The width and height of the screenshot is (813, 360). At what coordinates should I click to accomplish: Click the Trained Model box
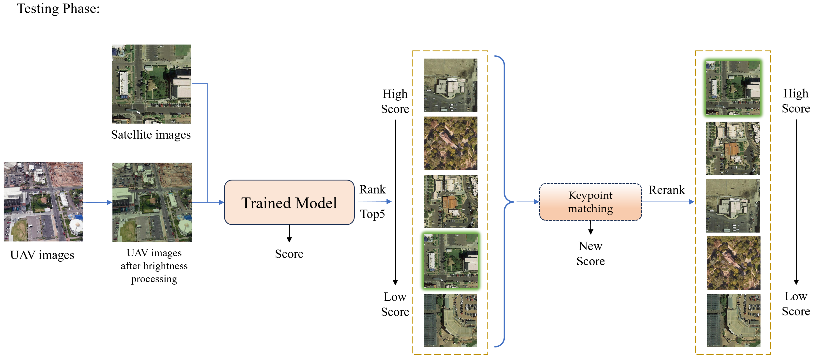pyautogui.click(x=289, y=202)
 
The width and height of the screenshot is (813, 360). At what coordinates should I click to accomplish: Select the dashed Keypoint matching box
pyautogui.click(x=590, y=202)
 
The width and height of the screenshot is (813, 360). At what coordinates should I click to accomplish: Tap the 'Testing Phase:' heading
pyautogui.click(x=58, y=8)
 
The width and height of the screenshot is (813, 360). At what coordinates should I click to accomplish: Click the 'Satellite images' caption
pyautogui.click(x=151, y=135)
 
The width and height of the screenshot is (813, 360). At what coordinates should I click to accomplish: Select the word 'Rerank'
pyautogui.click(x=667, y=190)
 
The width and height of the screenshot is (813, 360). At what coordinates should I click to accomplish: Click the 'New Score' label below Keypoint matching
pyautogui.click(x=590, y=253)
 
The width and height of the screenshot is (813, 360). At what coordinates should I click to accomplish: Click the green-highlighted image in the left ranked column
pyautogui.click(x=450, y=261)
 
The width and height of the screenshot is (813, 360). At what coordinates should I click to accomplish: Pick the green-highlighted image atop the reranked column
pyautogui.click(x=733, y=88)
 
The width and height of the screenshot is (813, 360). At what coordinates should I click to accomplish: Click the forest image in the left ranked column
pyautogui.click(x=450, y=144)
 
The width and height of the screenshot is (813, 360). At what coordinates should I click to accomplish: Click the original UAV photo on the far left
pyautogui.click(x=43, y=202)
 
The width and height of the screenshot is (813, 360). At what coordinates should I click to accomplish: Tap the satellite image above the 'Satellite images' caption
pyautogui.click(x=152, y=84)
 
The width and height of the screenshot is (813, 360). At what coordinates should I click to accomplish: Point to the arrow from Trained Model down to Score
pyautogui.click(x=289, y=233)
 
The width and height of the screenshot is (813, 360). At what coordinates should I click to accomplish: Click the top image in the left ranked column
pyautogui.click(x=450, y=85)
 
